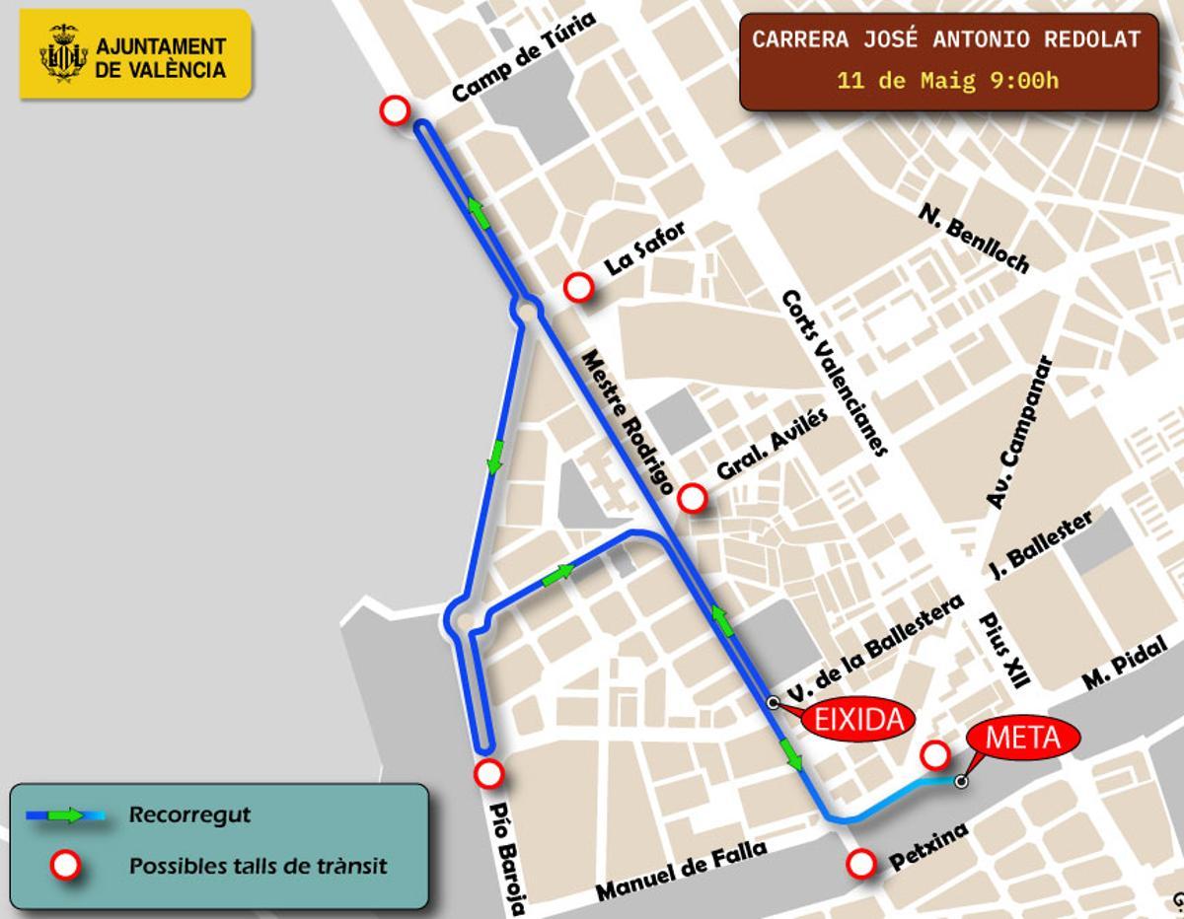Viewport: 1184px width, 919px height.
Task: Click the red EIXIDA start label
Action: click(x=857, y=720)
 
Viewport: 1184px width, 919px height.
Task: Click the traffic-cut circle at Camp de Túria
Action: click(x=395, y=110)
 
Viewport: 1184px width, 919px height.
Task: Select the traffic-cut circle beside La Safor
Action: click(x=578, y=288)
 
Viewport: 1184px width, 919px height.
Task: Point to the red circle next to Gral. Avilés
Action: click(x=693, y=499)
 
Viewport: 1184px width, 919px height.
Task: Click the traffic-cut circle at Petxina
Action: click(x=861, y=865)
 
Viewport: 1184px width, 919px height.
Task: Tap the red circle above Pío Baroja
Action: click(x=486, y=773)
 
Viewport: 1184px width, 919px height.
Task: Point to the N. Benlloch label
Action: click(x=974, y=239)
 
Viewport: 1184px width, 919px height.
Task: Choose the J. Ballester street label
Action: click(x=1040, y=544)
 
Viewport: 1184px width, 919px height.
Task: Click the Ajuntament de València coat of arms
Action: click(x=64, y=55)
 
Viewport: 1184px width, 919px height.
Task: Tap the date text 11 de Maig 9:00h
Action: click(x=947, y=81)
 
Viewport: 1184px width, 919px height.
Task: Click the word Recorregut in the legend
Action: click(x=189, y=815)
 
